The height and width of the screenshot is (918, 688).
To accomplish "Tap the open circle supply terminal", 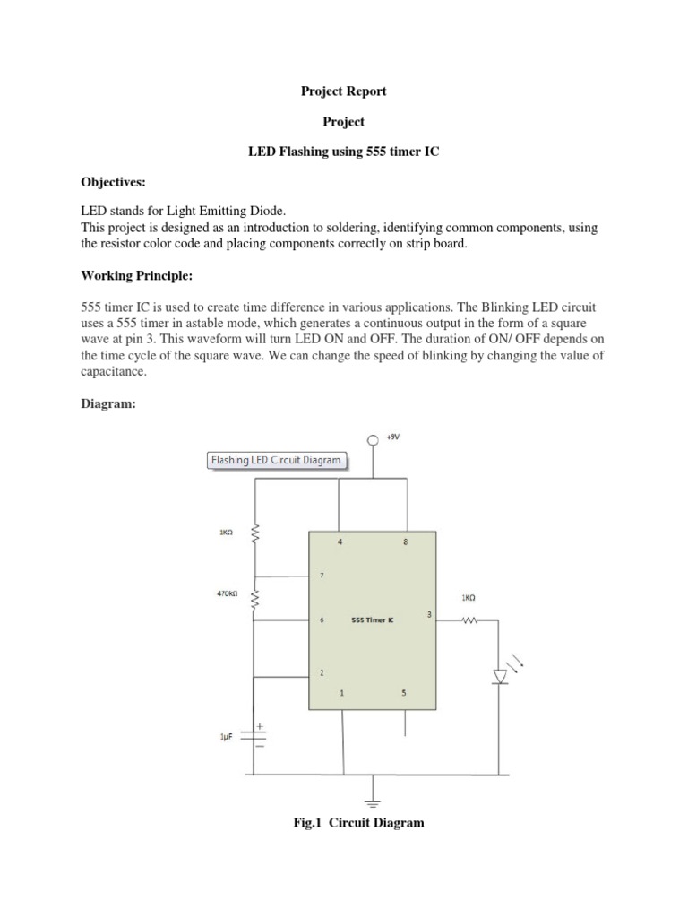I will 374,440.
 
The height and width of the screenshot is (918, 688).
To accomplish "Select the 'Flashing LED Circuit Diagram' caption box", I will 276,461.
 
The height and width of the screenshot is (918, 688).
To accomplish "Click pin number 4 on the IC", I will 340,542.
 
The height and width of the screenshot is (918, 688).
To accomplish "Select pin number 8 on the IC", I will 406,542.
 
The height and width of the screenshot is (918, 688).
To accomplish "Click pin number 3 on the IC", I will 429,614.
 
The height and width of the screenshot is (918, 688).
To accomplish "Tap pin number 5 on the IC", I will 404,692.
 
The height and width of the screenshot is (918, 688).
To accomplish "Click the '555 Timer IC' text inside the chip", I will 373,619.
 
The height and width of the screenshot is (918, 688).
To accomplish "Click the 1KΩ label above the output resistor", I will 469,598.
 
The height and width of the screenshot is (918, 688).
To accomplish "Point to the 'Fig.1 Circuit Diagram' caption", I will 359,823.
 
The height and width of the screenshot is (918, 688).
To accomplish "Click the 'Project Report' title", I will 344,91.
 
